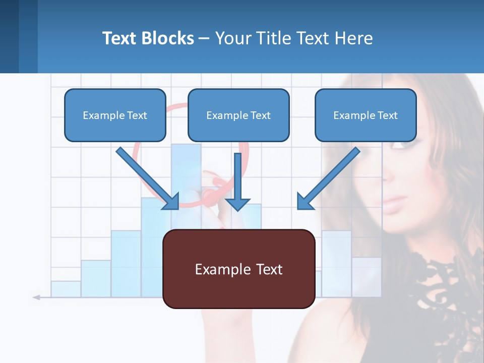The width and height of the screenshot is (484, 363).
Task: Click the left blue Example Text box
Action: pyautogui.click(x=115, y=115)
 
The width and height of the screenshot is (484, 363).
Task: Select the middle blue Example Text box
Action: pyautogui.click(x=238, y=115)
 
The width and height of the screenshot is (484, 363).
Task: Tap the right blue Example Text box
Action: pyautogui.click(x=366, y=115)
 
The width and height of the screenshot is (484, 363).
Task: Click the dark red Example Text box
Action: pyautogui.click(x=238, y=269)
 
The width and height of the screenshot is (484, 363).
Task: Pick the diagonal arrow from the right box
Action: pyautogui.click(x=328, y=179)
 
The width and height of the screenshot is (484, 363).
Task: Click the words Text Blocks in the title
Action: pyautogui.click(x=148, y=38)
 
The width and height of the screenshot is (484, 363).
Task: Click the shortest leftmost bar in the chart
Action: pyautogui.click(x=66, y=289)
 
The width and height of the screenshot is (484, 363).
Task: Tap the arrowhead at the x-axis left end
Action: pyautogui.click(x=36, y=297)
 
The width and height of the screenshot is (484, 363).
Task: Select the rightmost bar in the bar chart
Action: pyautogui.click(x=367, y=277)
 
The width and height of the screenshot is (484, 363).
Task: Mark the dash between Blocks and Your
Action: pyautogui.click(x=204, y=38)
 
